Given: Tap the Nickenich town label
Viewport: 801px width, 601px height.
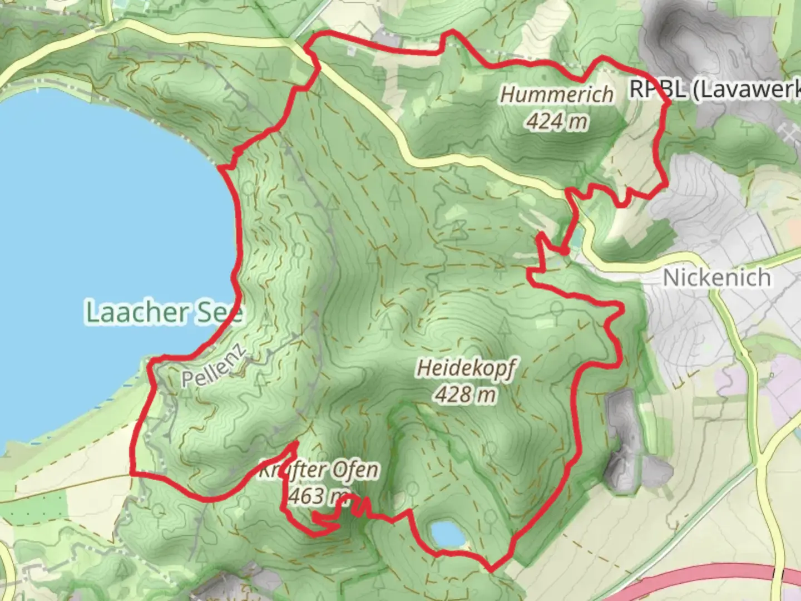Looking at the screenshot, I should coord(717,277).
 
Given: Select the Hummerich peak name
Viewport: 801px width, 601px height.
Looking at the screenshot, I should coord(556,95).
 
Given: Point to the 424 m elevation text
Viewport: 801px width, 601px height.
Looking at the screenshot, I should coord(556,120).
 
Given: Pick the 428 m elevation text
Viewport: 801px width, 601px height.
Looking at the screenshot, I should coord(465,395).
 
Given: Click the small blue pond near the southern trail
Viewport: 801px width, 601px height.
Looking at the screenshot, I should coord(448,534).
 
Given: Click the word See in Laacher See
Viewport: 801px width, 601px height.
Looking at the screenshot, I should coord(219,313).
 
